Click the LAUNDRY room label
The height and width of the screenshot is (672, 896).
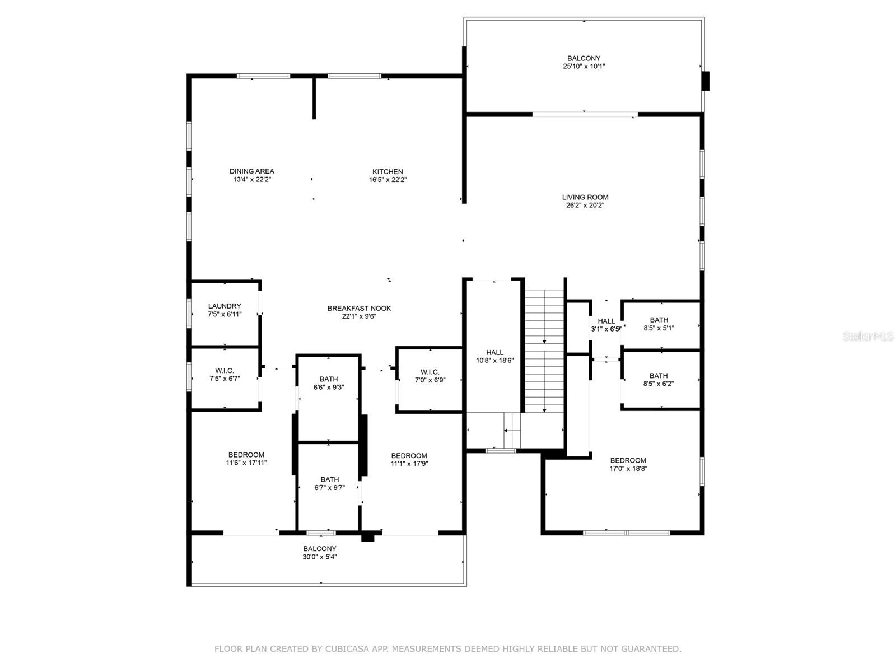[225, 306]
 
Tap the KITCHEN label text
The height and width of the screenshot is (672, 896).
[388, 172]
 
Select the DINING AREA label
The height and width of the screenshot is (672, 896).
[252, 171]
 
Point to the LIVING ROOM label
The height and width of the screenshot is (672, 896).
[585, 197]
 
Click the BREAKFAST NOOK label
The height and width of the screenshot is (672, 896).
[359, 308]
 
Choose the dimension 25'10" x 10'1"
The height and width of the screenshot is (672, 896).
[584, 67]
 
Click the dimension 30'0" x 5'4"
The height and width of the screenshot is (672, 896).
[320, 557]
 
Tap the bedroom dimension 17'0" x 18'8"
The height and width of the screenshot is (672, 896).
[628, 468]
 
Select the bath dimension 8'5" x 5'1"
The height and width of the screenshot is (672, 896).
[659, 328]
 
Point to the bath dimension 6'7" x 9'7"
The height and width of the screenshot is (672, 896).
[329, 488]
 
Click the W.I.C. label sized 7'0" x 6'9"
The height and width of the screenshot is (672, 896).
[430, 372]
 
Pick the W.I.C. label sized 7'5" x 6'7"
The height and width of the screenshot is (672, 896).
[225, 371]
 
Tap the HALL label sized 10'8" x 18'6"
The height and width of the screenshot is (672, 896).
[494, 352]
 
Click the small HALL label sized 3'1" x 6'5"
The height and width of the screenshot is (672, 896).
[606, 321]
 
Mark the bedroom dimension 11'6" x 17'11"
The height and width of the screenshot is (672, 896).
[246, 463]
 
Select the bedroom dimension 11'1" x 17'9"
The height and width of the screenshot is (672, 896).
[409, 464]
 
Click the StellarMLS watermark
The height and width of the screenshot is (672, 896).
[868, 336]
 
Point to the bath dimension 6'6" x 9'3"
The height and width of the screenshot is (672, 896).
[329, 387]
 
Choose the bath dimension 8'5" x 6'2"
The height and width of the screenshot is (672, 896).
[659, 384]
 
